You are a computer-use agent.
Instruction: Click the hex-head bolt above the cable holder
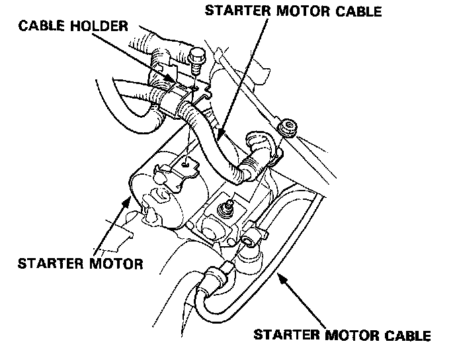[x=196, y=59]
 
